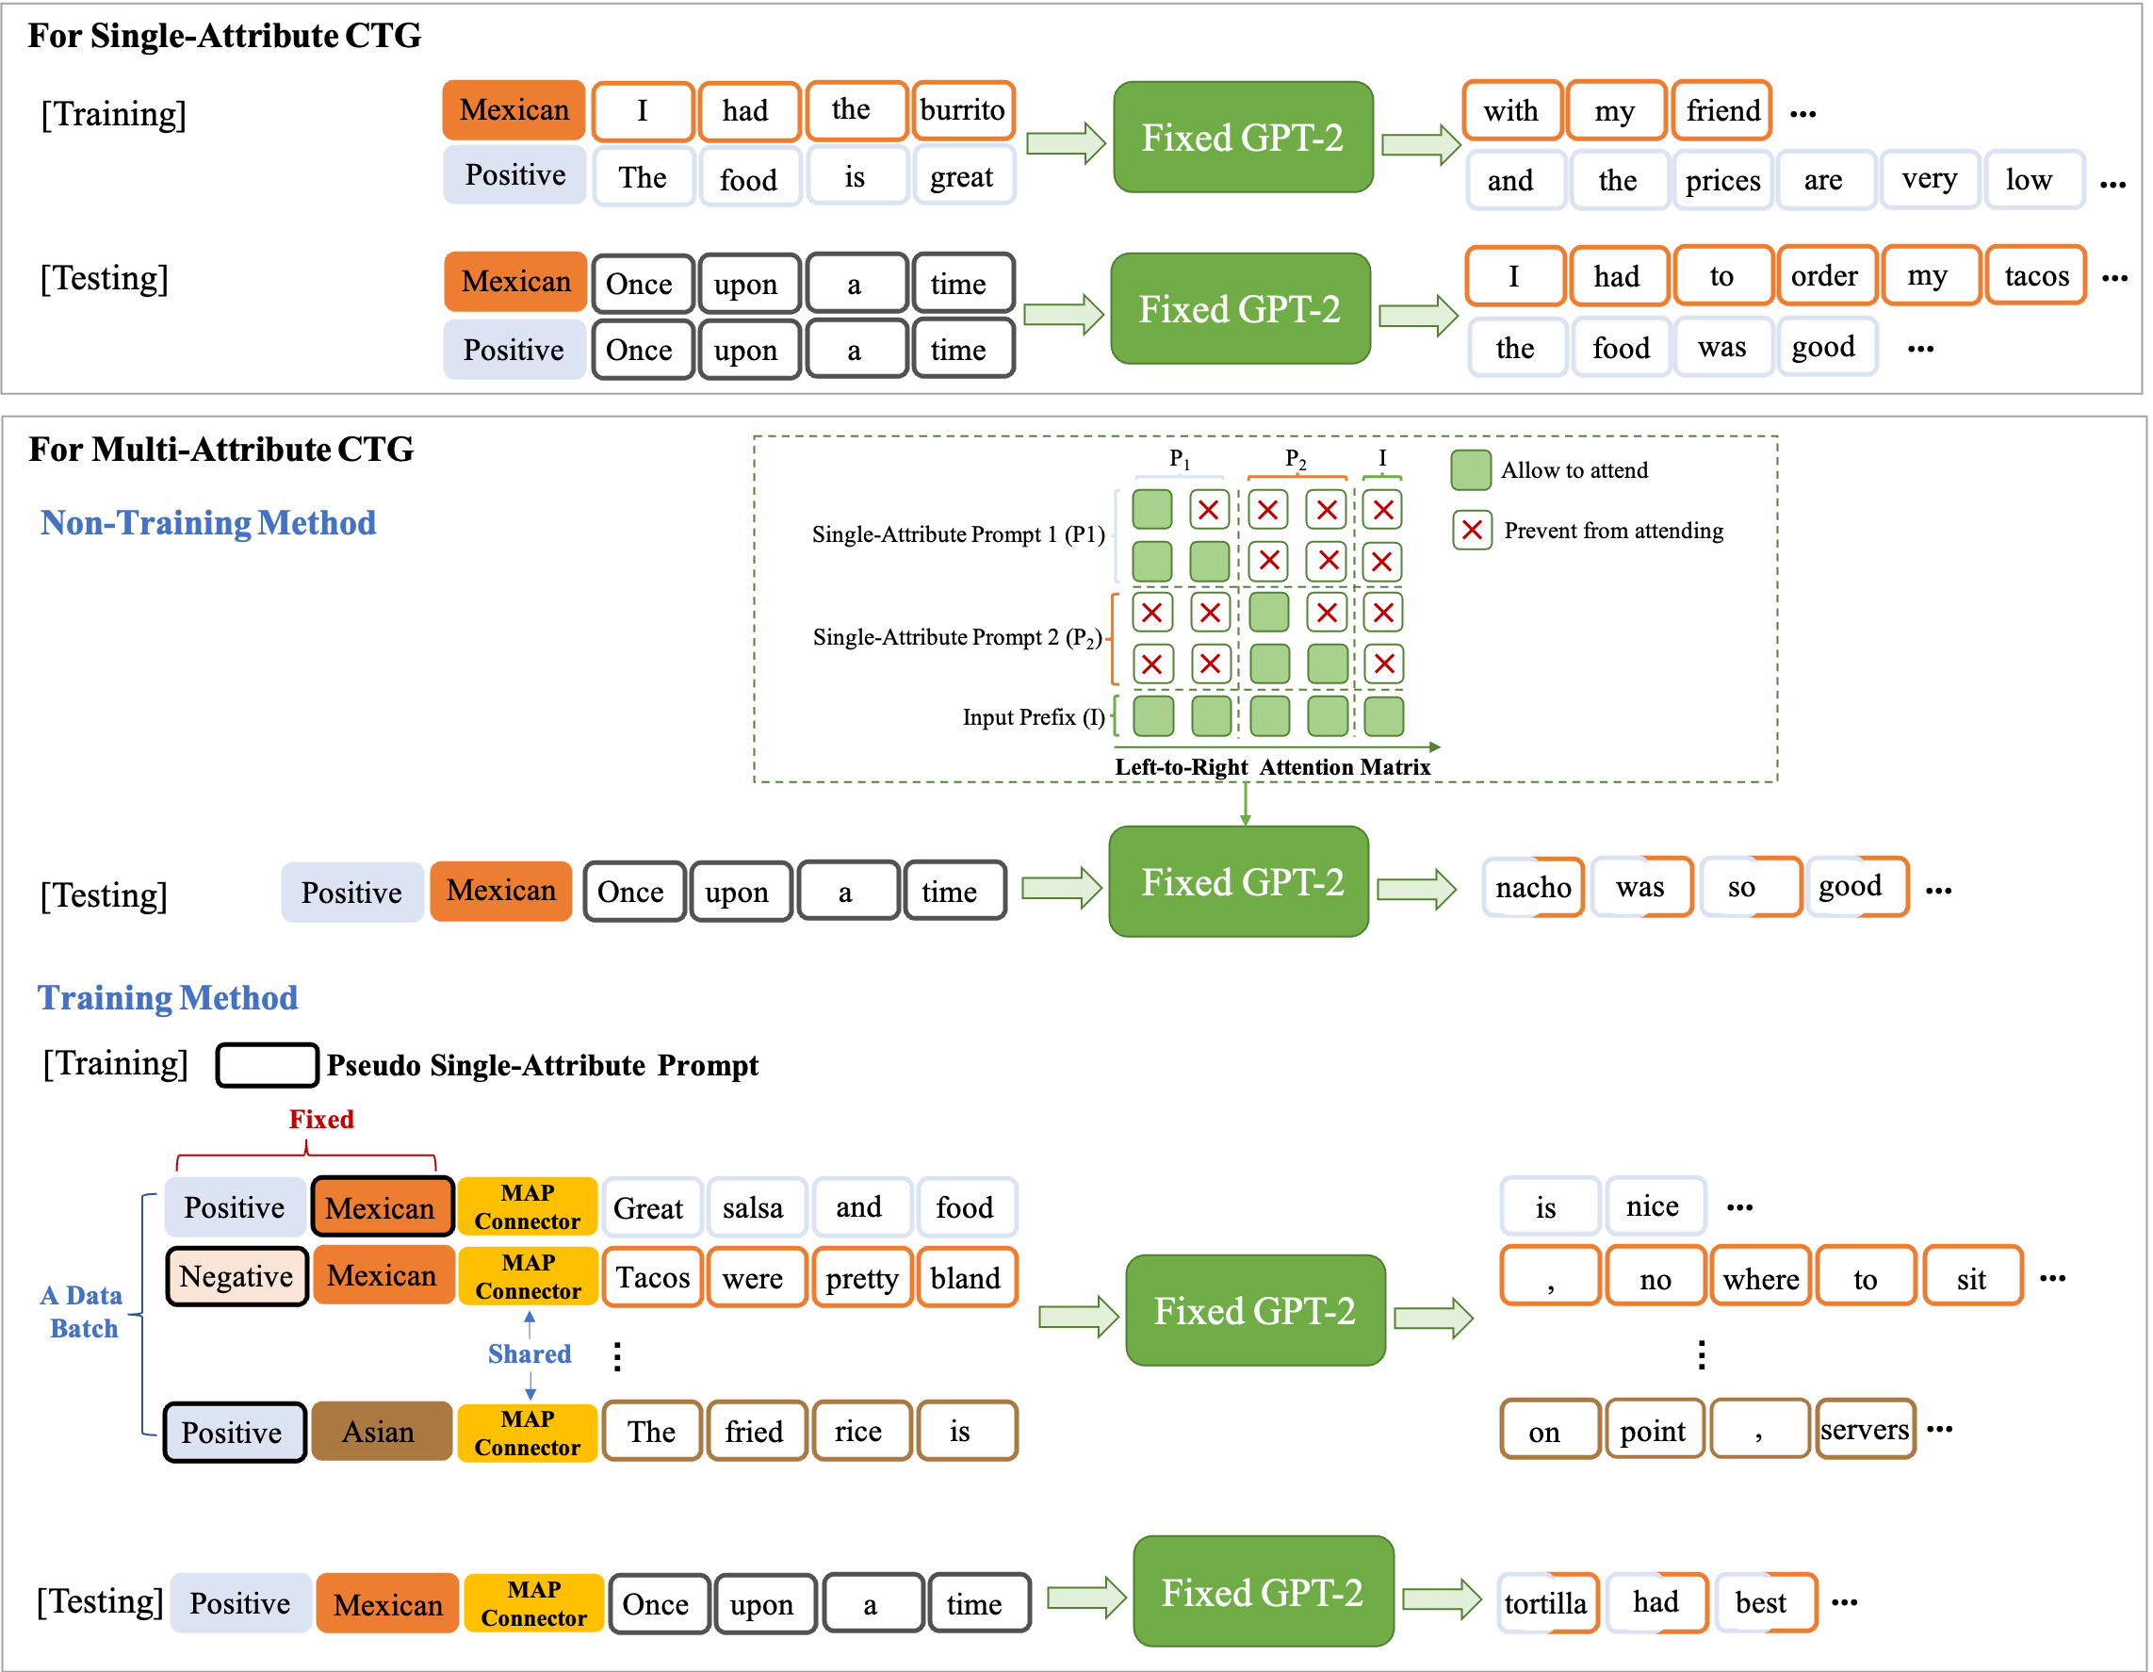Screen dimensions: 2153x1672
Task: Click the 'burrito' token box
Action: click(962, 110)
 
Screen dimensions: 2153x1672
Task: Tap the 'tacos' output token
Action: click(2034, 276)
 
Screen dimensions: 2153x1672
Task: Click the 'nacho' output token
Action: click(1533, 887)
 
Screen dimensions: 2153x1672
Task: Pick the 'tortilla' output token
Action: click(1547, 1603)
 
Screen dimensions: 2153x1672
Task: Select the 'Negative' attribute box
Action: click(237, 1277)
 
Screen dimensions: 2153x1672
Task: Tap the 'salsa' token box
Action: click(753, 1207)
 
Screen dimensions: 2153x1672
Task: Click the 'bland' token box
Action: click(966, 1278)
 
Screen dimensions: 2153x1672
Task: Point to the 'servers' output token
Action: click(1864, 1430)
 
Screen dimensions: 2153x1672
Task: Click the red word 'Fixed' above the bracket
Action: click(321, 1119)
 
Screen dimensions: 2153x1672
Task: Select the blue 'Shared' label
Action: click(530, 1353)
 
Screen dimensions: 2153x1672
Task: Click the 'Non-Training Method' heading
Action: click(208, 522)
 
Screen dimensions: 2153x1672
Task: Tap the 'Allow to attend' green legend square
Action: click(1470, 470)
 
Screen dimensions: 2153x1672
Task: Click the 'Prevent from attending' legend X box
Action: click(1472, 531)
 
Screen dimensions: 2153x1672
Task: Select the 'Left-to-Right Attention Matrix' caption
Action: click(1272, 767)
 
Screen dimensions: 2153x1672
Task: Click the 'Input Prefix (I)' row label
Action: click(1033, 716)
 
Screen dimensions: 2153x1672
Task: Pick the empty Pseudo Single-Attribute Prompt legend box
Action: click(268, 1066)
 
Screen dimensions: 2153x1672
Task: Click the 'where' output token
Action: click(1761, 1279)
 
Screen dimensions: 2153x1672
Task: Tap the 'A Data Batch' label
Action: click(83, 1312)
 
